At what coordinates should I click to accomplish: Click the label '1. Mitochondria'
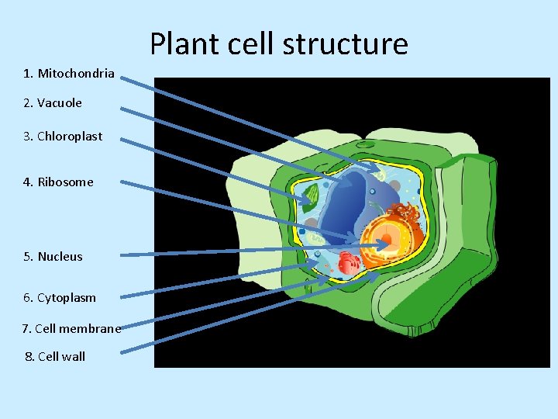(x=69, y=74)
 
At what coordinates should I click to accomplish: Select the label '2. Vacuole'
(x=53, y=102)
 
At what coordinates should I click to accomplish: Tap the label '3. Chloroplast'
(x=63, y=137)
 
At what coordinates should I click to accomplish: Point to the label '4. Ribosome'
(x=58, y=182)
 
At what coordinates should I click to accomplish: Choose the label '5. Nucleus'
(x=53, y=257)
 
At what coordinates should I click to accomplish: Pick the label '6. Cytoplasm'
(x=60, y=298)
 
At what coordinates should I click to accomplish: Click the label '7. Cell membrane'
(x=71, y=329)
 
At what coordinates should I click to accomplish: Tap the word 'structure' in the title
(x=345, y=44)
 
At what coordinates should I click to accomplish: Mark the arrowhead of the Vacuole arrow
(x=346, y=185)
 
